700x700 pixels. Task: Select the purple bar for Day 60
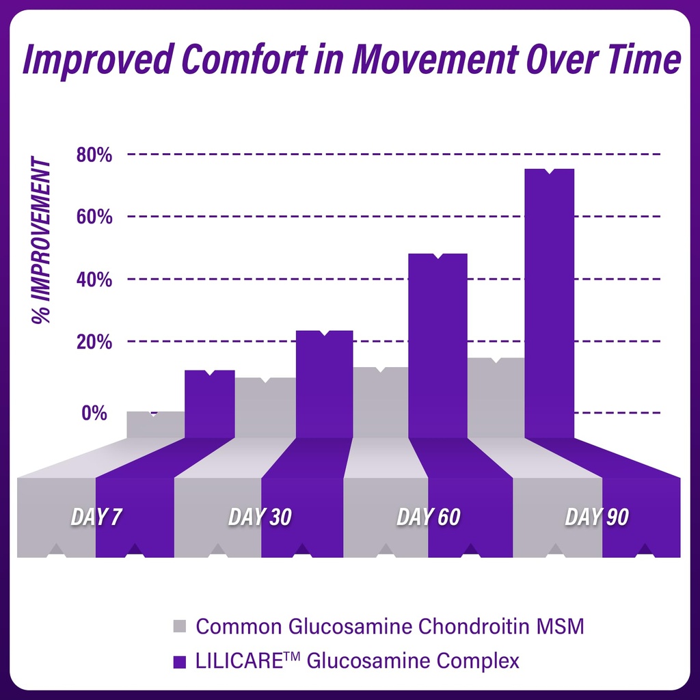click(x=437, y=345)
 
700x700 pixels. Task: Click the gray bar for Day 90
click(x=496, y=398)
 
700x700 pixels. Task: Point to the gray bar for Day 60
click(x=381, y=403)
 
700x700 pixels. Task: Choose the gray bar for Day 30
click(x=265, y=407)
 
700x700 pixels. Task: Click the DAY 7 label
click(x=97, y=517)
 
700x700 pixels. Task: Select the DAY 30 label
click(x=260, y=517)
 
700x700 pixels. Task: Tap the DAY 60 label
click(x=429, y=517)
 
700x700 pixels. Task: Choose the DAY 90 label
click(x=597, y=517)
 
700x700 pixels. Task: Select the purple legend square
click(x=180, y=662)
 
